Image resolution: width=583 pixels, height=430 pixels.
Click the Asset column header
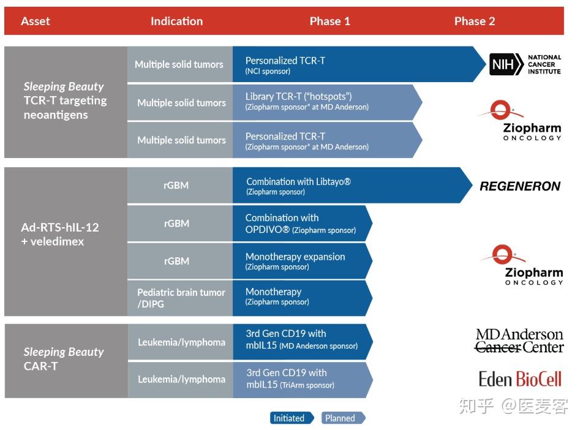36,21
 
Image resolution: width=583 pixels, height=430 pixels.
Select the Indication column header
176,21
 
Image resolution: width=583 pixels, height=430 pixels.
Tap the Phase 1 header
330,21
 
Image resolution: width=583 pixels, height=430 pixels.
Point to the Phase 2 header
475,21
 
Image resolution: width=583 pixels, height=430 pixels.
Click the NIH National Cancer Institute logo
525,64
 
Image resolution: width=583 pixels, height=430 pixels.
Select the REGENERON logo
520,186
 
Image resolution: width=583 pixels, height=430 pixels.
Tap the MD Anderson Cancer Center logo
519,341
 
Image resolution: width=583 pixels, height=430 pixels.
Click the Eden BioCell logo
520,379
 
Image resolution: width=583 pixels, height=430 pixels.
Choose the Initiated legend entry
292,418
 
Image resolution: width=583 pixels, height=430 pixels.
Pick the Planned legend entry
344,418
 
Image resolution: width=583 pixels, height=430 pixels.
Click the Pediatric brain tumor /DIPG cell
180,298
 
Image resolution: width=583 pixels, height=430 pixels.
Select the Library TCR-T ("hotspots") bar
327,102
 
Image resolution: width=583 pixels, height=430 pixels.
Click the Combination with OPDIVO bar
303,224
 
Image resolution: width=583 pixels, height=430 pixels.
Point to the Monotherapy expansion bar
303,261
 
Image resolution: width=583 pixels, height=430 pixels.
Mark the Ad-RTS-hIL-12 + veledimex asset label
60,235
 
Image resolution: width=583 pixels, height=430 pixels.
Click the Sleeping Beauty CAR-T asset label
64,359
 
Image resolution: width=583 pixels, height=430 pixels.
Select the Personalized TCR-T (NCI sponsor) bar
359,64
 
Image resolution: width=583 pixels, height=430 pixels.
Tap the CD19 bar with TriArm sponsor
303,380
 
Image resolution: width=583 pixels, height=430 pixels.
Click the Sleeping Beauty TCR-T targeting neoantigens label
65,100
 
